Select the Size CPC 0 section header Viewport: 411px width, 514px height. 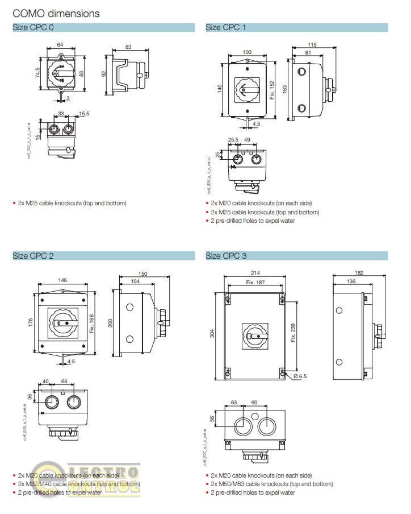click(34, 27)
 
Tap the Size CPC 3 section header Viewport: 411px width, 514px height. click(226, 256)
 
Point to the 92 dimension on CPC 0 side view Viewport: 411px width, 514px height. click(103, 73)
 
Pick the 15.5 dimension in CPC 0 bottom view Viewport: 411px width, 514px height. click(84, 114)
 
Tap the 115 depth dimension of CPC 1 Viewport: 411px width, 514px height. click(312, 44)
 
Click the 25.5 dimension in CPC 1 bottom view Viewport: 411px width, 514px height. click(232, 139)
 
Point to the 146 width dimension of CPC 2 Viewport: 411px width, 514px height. click(63, 280)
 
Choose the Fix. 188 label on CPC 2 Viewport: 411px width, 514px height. click(91, 321)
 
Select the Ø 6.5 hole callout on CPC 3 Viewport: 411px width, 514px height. click(300, 376)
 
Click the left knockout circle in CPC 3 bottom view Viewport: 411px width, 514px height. click(241, 425)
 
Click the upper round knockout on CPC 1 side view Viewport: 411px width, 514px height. click(301, 72)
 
